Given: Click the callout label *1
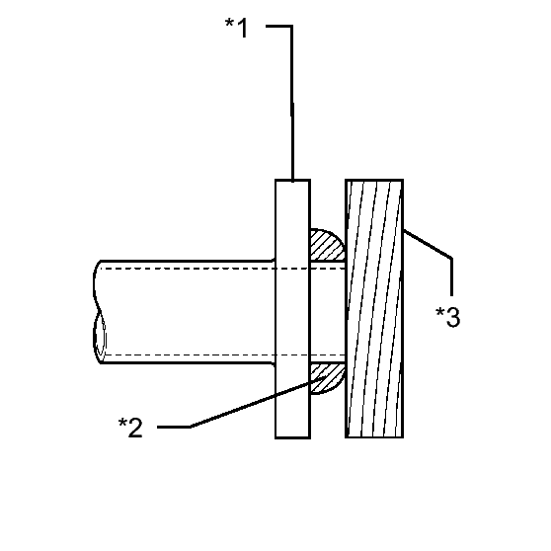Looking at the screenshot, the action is coord(236,27).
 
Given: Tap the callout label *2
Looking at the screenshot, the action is coord(130,427).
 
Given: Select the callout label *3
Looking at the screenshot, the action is coord(447,317).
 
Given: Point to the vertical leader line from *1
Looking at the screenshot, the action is coord(292,104).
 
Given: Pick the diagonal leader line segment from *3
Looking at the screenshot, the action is coord(428,244).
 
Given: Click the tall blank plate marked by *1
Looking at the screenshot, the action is coord(292,309).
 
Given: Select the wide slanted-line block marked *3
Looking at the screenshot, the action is coord(374,308).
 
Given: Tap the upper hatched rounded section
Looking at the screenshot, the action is coord(326,245).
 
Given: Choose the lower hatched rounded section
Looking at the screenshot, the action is coord(326,378).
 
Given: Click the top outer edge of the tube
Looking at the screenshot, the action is coord(187,261).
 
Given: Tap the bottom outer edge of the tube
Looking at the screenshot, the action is coord(187,362).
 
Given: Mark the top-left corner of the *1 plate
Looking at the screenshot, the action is coord(275,181).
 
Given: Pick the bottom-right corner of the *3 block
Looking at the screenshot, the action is coord(403,437).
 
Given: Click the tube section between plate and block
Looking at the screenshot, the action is coord(328,312).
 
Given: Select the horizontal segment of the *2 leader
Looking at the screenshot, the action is coord(174,427).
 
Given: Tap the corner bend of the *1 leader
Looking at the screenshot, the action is coord(291,26).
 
